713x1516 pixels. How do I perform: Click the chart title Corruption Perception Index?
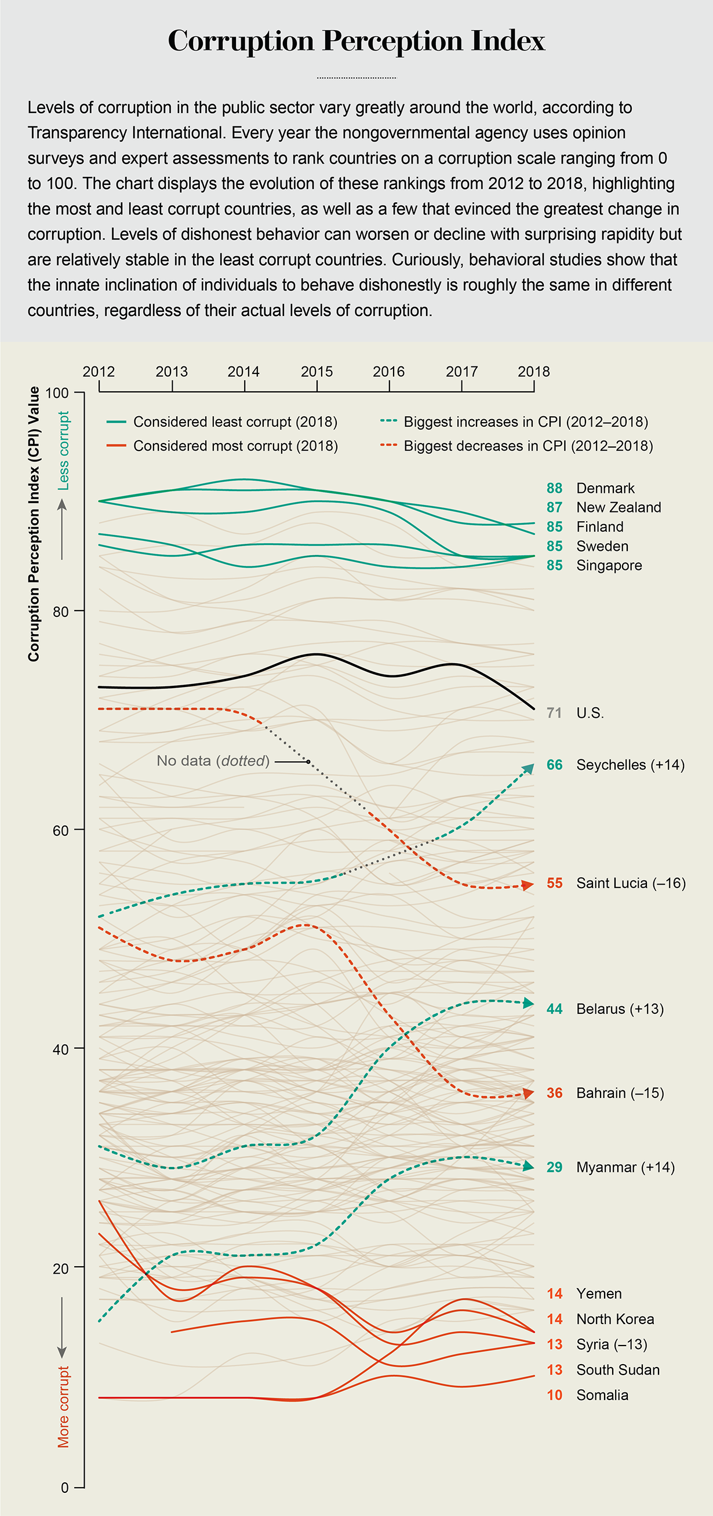[x=356, y=41]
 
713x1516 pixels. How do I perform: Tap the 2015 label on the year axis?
[x=317, y=372]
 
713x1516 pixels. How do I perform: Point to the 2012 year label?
[x=99, y=372]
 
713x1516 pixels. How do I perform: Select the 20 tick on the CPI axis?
[x=61, y=1268]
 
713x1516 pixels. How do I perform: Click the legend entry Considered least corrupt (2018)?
[x=235, y=422]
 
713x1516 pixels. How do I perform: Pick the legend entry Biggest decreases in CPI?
[x=528, y=446]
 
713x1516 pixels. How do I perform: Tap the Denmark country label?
[x=605, y=489]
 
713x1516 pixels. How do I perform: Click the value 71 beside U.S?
[x=554, y=713]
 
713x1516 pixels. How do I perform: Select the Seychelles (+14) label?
[x=630, y=765]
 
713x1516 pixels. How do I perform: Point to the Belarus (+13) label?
[x=620, y=1009]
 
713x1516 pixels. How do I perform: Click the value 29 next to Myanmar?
[x=554, y=1168]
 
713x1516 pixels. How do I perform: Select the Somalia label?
[x=602, y=1395]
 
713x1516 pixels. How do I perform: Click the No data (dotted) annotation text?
[x=213, y=761]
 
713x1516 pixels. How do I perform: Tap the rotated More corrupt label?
[x=63, y=1406]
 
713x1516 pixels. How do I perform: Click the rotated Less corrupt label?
[x=63, y=451]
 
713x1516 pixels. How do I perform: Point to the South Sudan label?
[x=618, y=1370]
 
